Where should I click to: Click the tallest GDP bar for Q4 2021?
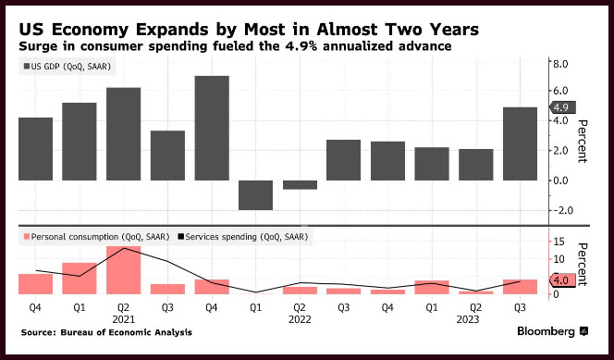212,128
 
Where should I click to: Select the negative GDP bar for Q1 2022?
256,195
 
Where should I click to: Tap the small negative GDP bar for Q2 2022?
300,185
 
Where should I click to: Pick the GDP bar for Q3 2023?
520,143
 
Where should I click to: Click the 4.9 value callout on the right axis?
562,107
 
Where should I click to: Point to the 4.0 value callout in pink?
562,280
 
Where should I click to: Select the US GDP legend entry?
68,67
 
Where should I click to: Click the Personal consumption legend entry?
97,237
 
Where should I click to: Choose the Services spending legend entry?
243,237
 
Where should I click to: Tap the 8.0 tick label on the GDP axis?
560,64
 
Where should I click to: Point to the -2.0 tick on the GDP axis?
559,210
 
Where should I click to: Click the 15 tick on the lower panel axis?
559,242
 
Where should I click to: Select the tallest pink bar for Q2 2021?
123,270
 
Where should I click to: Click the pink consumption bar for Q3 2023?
520,287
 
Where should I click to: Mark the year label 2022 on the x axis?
300,319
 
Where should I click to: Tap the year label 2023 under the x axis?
468,319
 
